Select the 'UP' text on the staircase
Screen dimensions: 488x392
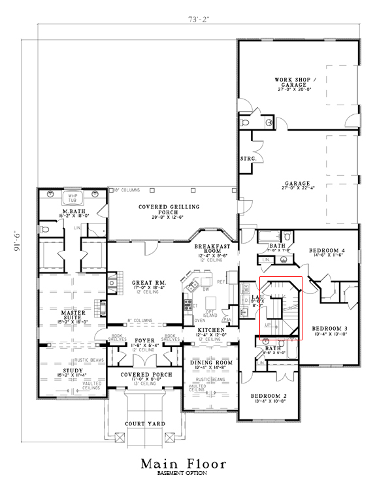click(267, 324)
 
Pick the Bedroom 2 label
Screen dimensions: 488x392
click(269, 396)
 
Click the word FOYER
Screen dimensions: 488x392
click(144, 340)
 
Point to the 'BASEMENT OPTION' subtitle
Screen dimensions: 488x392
click(184, 474)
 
